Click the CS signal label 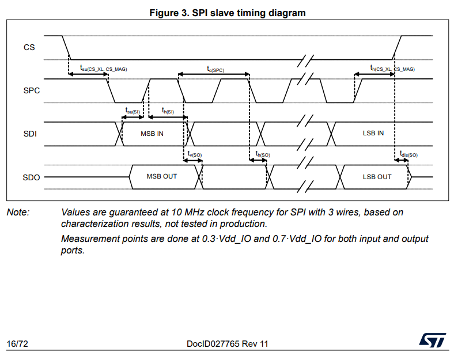pyautogui.click(x=29, y=47)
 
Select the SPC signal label pyautogui.click(x=31, y=90)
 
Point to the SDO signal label pyautogui.click(x=31, y=177)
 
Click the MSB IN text pyautogui.click(x=152, y=134)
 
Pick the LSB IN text pyautogui.click(x=373, y=133)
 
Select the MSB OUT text pyautogui.click(x=162, y=176)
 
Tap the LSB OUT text pyautogui.click(x=377, y=177)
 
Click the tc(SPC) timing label pyautogui.click(x=215, y=69)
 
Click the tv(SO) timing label pyautogui.click(x=195, y=154)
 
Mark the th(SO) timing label pyautogui.click(x=263, y=154)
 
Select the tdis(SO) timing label pyautogui.click(x=408, y=154)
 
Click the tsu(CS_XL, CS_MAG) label pyautogui.click(x=103, y=69)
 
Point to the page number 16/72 pyautogui.click(x=17, y=344)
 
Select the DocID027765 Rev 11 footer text pyautogui.click(x=227, y=344)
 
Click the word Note pyautogui.click(x=18, y=213)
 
